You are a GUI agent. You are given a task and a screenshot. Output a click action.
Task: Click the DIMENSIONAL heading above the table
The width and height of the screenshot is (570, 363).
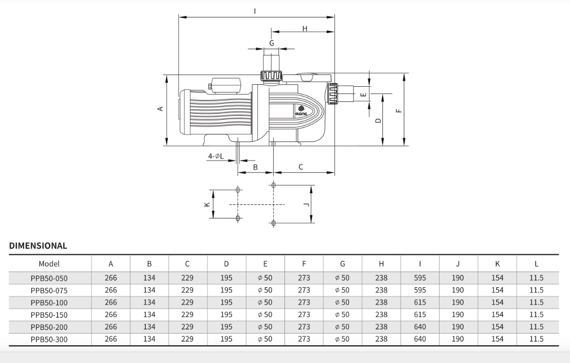coord(38,246)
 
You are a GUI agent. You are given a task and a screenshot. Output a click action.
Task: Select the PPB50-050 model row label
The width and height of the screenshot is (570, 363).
coord(49,278)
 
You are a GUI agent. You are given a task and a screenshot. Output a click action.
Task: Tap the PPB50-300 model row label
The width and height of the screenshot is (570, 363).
coord(49,339)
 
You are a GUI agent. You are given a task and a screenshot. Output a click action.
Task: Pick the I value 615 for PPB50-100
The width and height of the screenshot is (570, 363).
coord(420,302)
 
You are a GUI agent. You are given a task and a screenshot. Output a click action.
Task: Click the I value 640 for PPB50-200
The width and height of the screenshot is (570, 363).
coord(420,327)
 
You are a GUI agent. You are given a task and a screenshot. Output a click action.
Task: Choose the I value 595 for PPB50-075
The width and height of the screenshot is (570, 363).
coord(420,290)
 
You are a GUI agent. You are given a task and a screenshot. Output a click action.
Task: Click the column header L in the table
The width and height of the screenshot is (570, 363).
coord(536,264)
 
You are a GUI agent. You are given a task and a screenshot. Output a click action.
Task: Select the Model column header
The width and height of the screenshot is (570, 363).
coord(49,264)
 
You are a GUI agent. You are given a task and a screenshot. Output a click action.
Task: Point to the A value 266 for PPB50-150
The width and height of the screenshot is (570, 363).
coord(111,314)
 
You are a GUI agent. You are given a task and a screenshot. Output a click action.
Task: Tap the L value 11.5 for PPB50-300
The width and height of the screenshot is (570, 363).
coord(536,339)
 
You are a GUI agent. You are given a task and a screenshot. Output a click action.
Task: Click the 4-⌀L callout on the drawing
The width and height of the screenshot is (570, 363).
coord(215,156)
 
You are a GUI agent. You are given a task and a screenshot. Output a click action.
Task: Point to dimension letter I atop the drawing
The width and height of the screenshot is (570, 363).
coord(254,10)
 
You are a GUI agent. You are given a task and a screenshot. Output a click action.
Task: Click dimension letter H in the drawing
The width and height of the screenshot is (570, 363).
coord(305,29)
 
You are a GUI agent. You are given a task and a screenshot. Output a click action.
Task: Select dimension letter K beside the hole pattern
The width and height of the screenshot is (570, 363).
coord(207,204)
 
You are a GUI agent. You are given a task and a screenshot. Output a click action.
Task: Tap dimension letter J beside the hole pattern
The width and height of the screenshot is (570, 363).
coord(306,204)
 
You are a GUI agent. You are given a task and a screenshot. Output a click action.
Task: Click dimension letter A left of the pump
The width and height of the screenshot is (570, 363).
coord(160,108)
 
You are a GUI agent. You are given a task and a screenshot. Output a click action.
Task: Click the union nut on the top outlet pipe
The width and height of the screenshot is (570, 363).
coord(271,76)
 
